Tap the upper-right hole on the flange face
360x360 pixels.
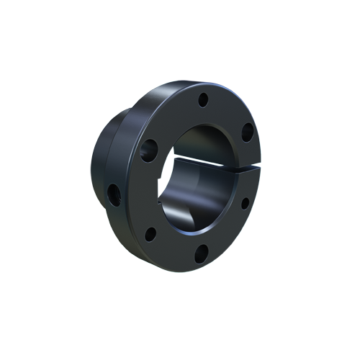tap(246, 132)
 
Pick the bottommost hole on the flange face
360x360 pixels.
tap(202, 251)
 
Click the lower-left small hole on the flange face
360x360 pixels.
tap(150, 233)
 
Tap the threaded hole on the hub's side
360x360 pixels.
tap(113, 192)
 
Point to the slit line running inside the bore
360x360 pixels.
tap(202, 161)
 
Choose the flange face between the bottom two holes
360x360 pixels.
tap(176, 248)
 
